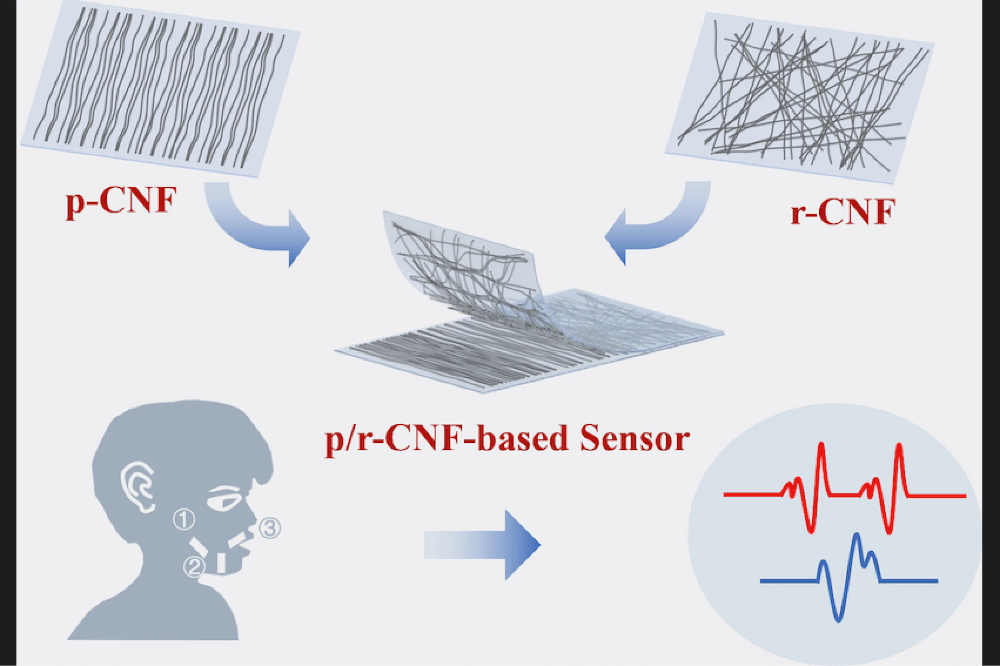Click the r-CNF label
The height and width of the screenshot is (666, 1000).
pyautogui.click(x=843, y=211)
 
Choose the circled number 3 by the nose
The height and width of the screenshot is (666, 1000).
pyautogui.click(x=270, y=529)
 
